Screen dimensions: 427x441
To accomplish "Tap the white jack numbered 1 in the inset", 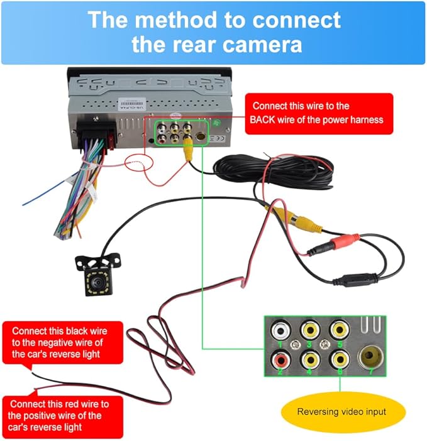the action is pos(280,330).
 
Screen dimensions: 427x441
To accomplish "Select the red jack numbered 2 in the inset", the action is pos(280,359).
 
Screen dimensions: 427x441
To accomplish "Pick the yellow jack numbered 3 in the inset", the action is pos(310,329).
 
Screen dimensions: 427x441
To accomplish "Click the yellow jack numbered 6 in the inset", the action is pos(340,359).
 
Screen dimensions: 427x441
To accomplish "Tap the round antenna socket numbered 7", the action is pos(370,357).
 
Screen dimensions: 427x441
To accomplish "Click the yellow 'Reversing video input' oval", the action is pos(343,412).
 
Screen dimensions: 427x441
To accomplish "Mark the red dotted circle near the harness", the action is pos(139,163).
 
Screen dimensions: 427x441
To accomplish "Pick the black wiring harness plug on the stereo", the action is pos(96,134).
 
